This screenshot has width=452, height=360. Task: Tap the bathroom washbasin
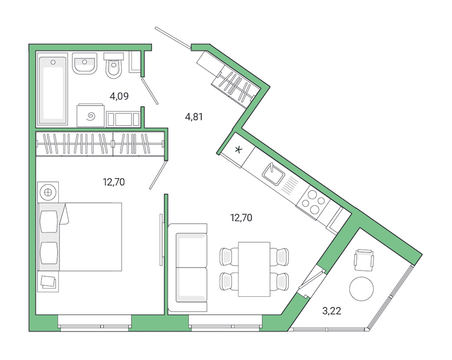(x=84, y=64)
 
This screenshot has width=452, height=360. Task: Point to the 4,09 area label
(x=120, y=96)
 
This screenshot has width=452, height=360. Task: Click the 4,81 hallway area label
(x=195, y=117)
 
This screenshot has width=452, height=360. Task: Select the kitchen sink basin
(x=274, y=173)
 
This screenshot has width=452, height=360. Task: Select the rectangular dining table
(x=254, y=269)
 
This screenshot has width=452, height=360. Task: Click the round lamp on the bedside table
(x=48, y=192)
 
